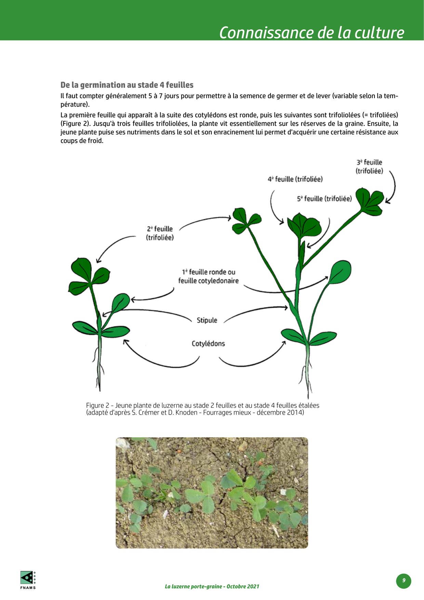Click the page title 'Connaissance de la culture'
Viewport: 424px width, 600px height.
pos(311,32)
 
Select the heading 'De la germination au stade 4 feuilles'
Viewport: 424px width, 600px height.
pos(127,85)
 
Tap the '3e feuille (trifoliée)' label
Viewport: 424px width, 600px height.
pos(369,167)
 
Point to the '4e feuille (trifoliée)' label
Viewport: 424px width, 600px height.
pos(295,179)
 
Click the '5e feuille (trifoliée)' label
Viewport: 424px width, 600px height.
pos(324,199)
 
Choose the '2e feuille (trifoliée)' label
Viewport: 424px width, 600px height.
pos(160,233)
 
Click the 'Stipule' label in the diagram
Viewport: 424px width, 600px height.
pos(207,320)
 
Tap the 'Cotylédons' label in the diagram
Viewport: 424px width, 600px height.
pos(208,343)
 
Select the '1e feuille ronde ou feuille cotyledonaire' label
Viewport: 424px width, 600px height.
pos(208,276)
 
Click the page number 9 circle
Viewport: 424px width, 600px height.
pos(403,581)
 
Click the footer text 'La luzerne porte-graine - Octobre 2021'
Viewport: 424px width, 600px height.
pos(212,586)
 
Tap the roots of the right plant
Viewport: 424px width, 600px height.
pos(307,380)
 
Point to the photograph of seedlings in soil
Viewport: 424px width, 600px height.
pos(212,493)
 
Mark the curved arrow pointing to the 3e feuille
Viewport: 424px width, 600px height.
pos(393,186)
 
